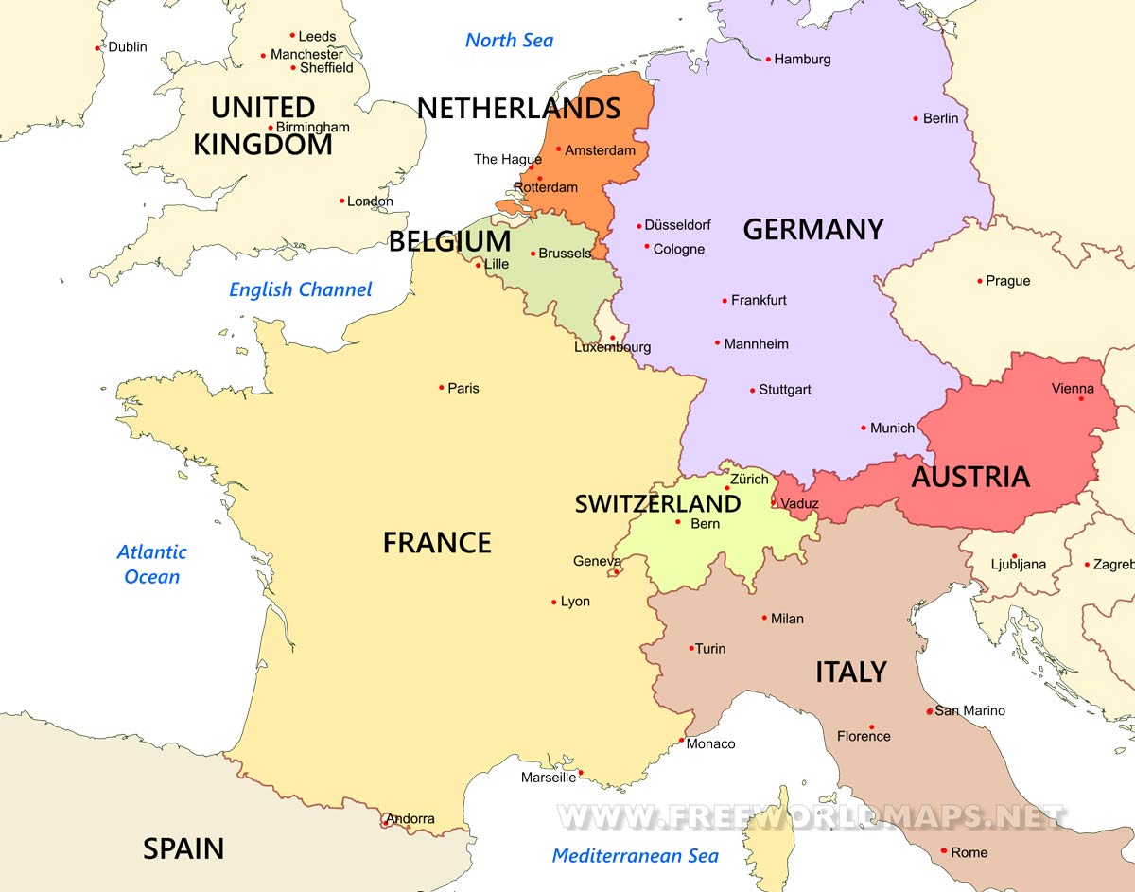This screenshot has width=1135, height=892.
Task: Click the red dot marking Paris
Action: pos(442,387)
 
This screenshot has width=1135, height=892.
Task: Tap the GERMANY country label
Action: pos(812,229)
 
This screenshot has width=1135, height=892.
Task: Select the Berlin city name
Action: pos(940,118)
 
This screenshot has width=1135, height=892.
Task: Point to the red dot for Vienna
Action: pos(1082,398)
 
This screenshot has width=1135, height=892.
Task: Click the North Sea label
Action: pos(509,40)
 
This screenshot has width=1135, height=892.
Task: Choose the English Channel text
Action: pos(301,289)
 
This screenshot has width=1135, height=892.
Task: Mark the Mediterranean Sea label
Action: pos(635,855)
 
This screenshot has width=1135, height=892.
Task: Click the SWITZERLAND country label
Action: pos(657,504)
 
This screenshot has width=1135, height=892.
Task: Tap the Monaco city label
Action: pos(710,743)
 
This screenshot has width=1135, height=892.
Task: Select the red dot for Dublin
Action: pos(97,47)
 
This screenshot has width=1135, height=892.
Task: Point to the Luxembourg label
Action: pos(612,347)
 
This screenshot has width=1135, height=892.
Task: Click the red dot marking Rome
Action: pos(943,851)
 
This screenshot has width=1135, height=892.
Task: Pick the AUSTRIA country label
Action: pos(969,477)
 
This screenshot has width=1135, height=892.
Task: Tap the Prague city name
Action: pos(1007,281)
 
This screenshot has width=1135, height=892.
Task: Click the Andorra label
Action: pos(410,818)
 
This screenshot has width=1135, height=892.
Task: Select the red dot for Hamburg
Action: pos(768,59)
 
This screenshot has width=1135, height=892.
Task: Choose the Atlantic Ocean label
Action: pos(151,564)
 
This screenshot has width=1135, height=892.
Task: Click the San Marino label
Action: pos(969,710)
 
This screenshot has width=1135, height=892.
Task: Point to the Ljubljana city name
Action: pos(1018,565)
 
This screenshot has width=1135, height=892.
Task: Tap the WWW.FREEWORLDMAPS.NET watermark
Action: pos(811,815)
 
